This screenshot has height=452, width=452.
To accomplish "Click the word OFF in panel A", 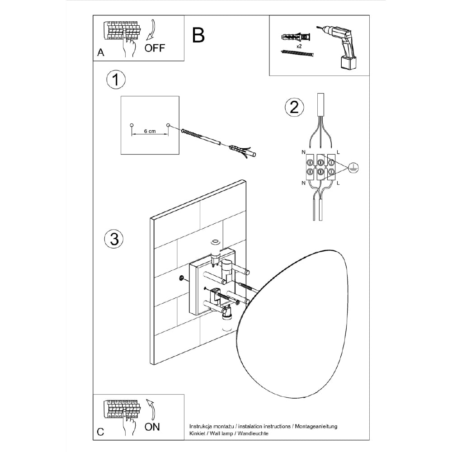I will [x=155, y=48].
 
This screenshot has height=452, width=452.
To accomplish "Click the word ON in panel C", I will [x=152, y=427].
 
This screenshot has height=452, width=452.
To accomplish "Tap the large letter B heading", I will [x=198, y=35].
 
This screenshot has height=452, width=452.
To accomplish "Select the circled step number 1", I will [x=116, y=80].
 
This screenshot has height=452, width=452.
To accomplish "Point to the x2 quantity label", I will [x=299, y=47].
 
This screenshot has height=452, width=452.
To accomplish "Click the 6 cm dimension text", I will [x=150, y=131].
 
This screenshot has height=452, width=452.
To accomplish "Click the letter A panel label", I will [x=101, y=53].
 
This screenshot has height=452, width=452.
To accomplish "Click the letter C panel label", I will [x=101, y=432].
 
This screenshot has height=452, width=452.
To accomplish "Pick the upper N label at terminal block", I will [x=302, y=151].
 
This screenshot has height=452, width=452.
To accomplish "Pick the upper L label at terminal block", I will [x=338, y=151].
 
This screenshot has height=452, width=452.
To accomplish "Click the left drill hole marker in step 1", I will [x=132, y=125].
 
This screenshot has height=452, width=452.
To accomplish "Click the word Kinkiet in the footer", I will [x=198, y=433].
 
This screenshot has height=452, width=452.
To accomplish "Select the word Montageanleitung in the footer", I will [x=316, y=426].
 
